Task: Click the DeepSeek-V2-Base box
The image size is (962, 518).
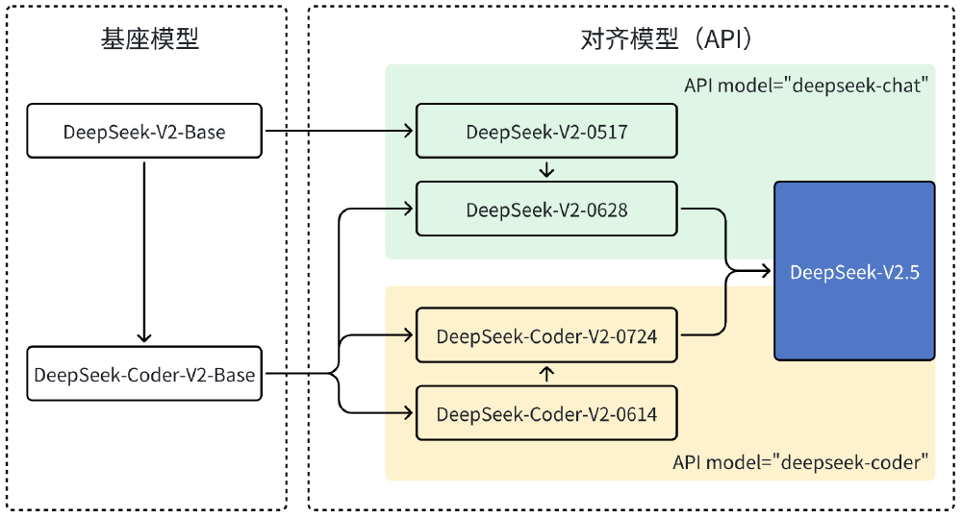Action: pos(144,132)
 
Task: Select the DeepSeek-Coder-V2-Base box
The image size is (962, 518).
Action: pos(144,374)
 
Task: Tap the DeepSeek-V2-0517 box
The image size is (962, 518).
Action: pos(546,132)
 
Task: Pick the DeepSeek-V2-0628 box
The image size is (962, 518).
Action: pos(546,209)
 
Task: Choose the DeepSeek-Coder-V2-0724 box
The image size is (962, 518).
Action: pos(546,335)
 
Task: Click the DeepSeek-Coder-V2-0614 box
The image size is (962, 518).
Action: pos(546,414)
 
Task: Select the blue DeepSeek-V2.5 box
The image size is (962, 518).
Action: pos(854,271)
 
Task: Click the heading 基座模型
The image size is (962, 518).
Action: pos(144,39)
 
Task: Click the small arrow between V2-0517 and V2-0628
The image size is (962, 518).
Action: pos(546,170)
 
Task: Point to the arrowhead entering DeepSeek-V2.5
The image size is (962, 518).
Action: pos(767,272)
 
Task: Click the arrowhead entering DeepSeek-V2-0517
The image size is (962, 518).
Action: pos(409,132)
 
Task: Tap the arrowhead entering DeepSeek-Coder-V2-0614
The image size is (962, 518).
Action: pos(409,414)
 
